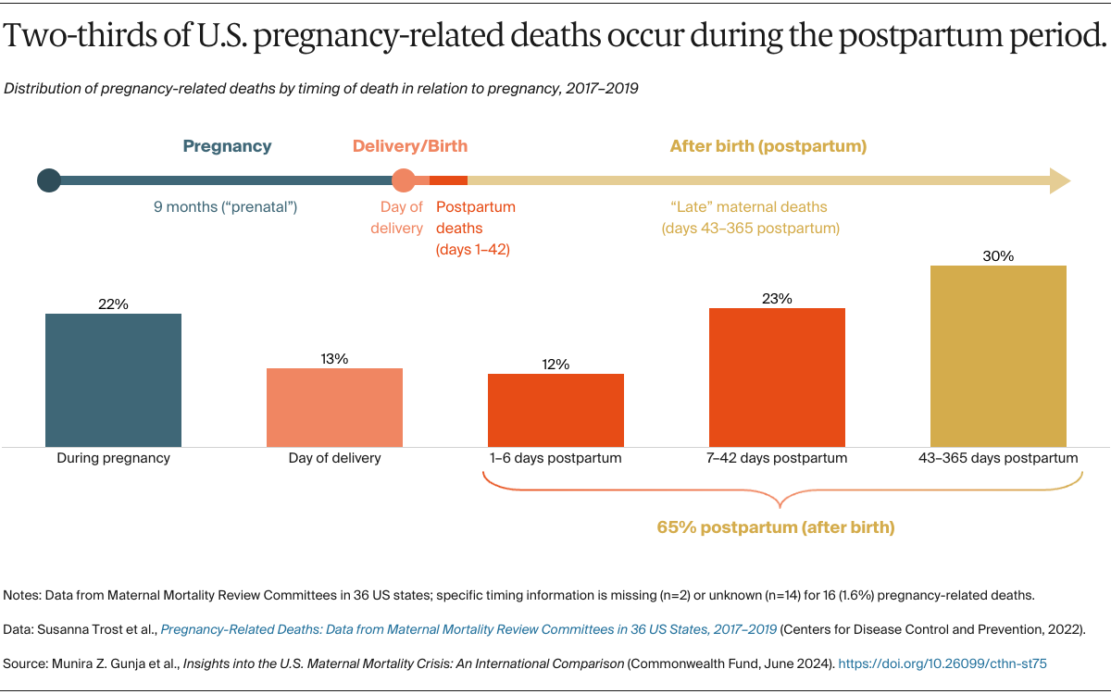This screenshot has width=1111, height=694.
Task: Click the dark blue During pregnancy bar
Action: coord(113,380)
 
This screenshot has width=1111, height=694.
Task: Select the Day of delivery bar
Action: coord(334,407)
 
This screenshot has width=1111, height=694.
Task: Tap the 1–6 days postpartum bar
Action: coord(555,410)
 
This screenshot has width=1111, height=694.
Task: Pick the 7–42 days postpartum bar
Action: coord(777,378)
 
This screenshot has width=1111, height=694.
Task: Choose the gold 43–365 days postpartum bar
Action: coord(998,356)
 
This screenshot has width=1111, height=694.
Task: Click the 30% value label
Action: coord(998,256)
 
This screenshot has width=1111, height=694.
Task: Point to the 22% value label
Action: coord(113,304)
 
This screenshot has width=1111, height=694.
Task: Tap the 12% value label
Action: coord(555,365)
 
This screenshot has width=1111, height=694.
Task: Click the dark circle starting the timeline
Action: coord(49,180)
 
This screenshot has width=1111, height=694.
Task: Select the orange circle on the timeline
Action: coord(403,180)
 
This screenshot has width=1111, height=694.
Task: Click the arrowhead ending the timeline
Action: coord(1060,180)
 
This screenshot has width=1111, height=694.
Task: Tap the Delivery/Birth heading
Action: coord(409,146)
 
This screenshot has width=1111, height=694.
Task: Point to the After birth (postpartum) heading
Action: coord(768,146)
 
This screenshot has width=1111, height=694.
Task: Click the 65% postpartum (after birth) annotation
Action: coord(776,527)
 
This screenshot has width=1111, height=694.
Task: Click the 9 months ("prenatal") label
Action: coord(225,207)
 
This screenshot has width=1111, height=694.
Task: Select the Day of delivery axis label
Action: coord(334,458)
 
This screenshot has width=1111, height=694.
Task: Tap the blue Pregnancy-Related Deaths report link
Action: coord(468,629)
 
